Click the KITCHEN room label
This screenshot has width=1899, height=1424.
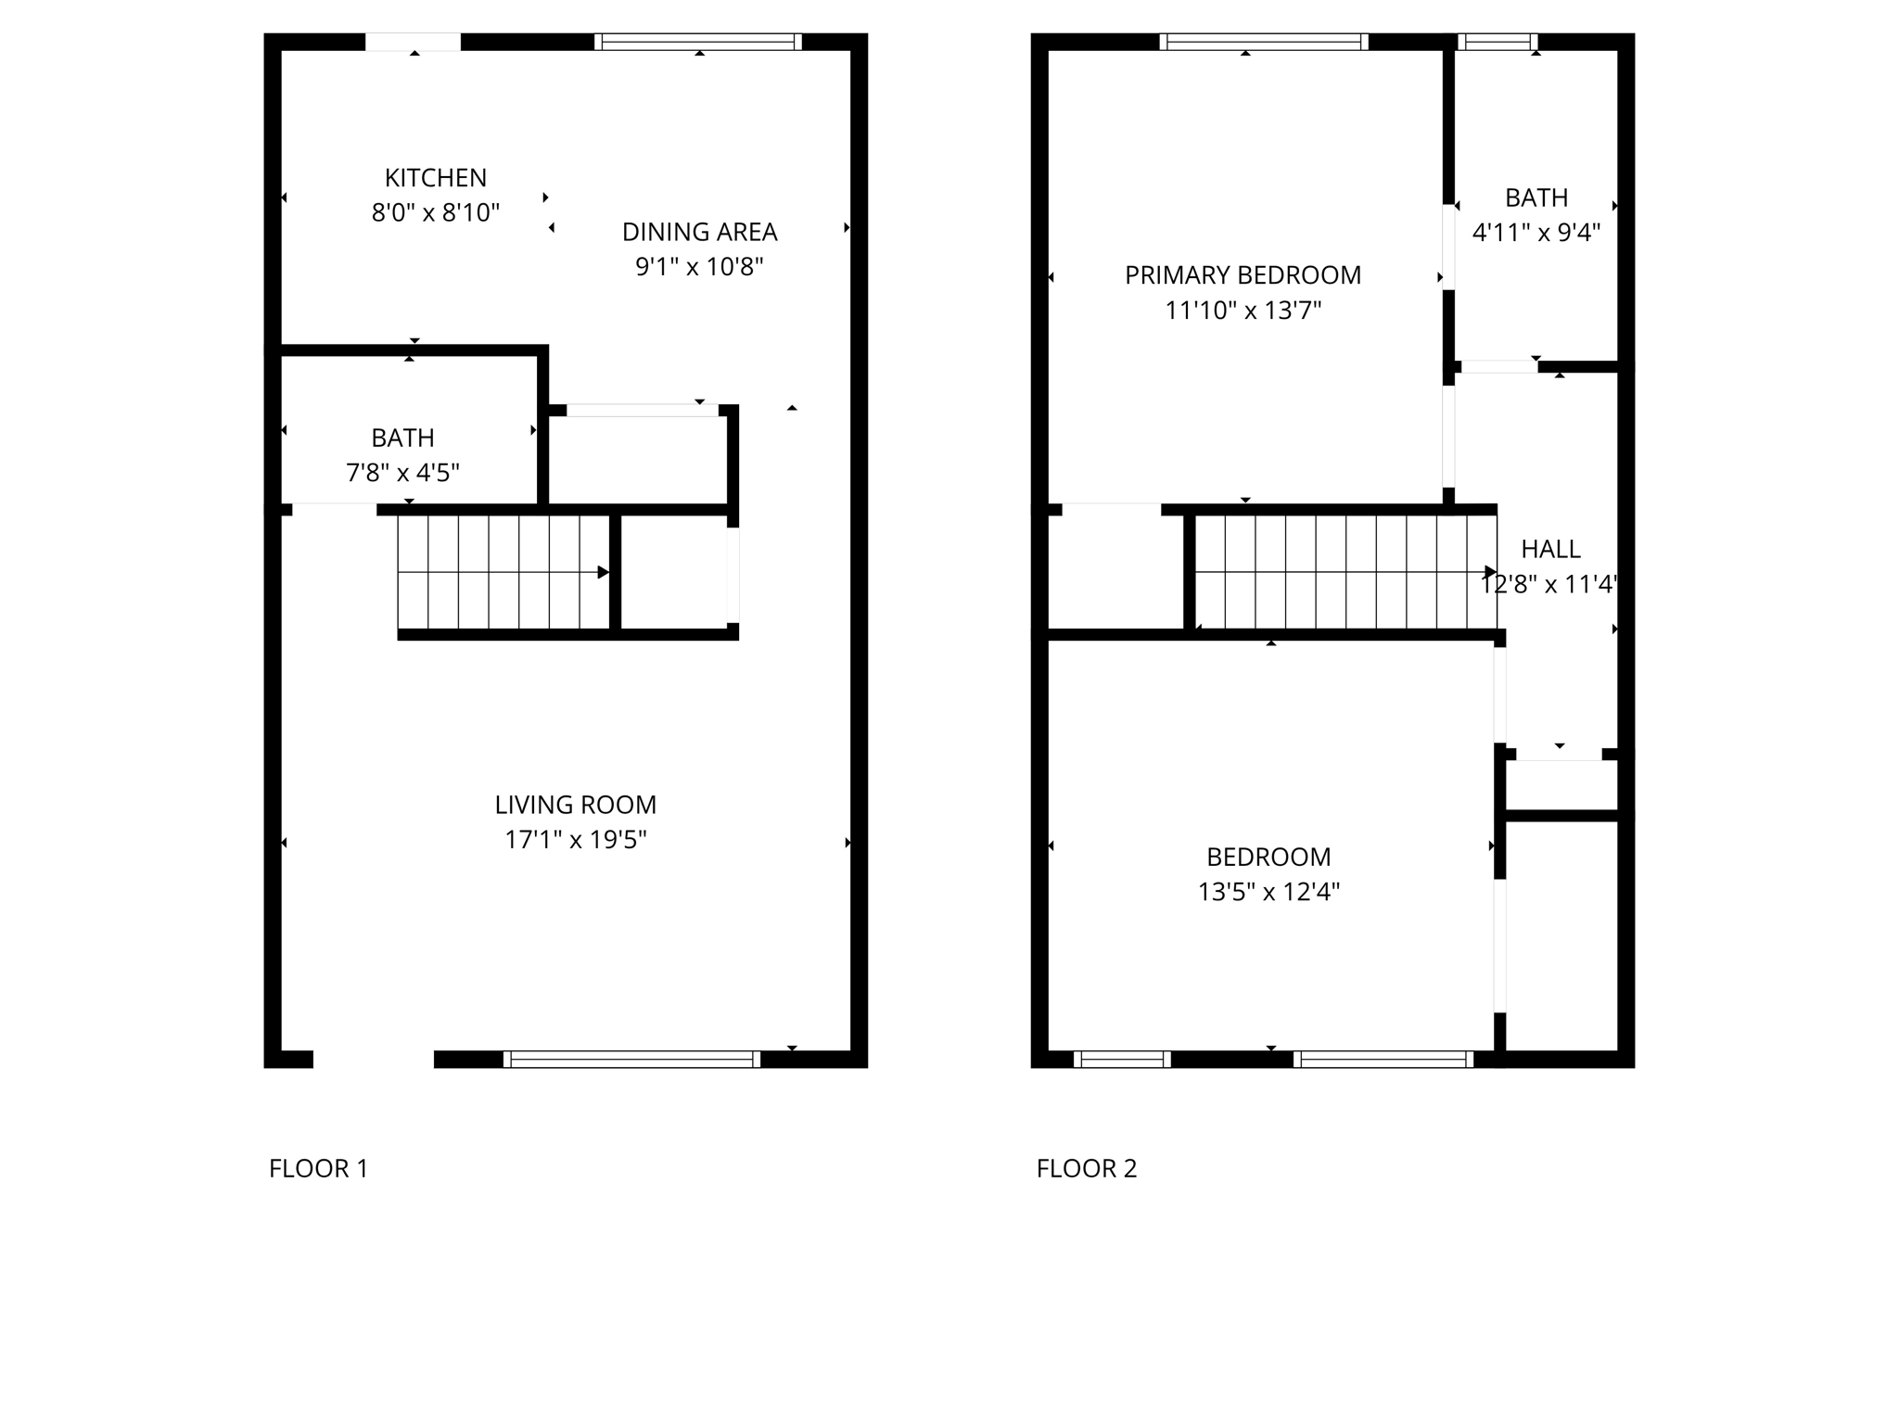coord(435,177)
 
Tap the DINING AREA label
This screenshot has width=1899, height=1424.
coord(699,232)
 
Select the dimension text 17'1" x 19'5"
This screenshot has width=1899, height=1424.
coord(575,840)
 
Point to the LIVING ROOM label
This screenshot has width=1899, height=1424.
coord(575,805)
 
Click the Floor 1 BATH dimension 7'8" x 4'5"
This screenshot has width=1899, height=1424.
coord(402,473)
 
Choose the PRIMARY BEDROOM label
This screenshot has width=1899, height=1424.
coord(1243,275)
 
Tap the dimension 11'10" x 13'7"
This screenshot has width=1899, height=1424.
coord(1243,311)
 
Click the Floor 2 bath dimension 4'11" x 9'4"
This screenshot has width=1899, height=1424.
coord(1536,233)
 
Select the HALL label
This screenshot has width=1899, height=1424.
coord(1550,550)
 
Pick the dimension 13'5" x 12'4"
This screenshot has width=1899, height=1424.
coord(1268,892)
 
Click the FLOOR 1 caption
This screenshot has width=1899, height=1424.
coord(318,1168)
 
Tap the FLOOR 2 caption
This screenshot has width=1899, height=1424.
coord(1086,1168)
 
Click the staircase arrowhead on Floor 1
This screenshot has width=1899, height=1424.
coord(603,573)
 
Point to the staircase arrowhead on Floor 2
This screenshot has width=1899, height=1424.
coord(1490,572)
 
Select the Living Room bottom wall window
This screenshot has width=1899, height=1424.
coord(631,1059)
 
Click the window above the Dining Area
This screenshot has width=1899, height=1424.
coord(698,42)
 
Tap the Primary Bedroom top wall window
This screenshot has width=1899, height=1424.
coord(1264,42)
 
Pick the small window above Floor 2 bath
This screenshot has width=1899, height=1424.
coord(1498,42)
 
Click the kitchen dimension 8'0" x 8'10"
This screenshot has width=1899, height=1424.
coord(435,213)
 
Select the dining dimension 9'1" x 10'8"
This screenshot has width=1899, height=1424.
coord(699,267)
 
